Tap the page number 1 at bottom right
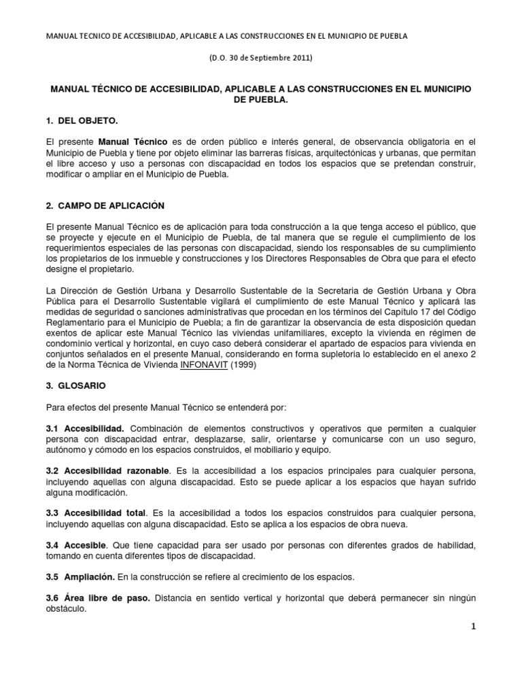click(x=474, y=627)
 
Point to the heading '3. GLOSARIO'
click(x=76, y=385)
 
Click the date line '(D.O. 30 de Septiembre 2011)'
click(x=261, y=58)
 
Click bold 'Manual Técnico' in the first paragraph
click(x=133, y=141)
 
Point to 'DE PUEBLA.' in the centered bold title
click(x=261, y=99)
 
